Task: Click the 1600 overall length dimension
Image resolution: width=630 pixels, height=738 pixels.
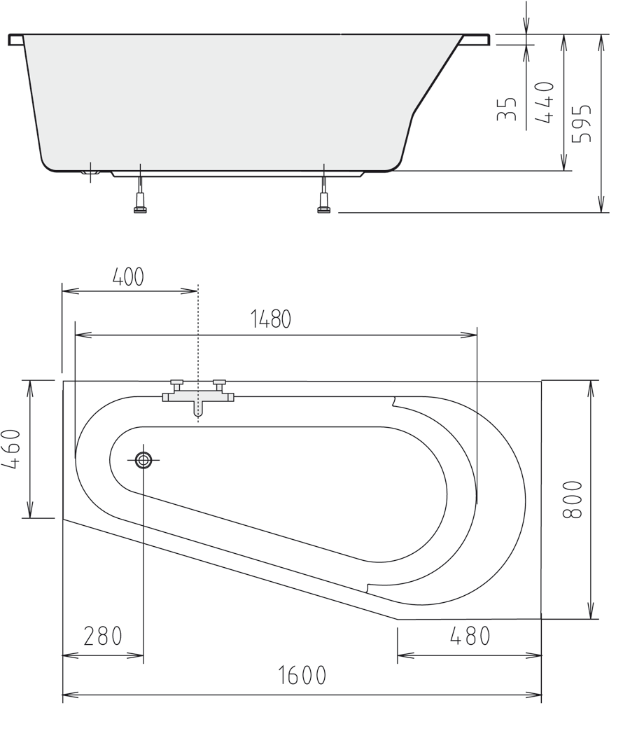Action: (302, 676)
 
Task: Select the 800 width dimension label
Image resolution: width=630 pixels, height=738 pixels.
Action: (572, 499)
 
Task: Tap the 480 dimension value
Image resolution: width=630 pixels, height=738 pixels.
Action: (469, 636)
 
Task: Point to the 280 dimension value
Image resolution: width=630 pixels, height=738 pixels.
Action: (103, 636)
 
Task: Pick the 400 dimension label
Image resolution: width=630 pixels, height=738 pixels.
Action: (128, 277)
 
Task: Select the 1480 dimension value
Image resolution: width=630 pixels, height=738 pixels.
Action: (270, 319)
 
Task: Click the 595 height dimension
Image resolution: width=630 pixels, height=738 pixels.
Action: (582, 123)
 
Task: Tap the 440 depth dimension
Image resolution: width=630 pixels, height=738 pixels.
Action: (545, 102)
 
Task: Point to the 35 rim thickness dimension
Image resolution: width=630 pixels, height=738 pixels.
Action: (507, 109)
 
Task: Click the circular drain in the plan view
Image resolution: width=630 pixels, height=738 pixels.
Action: (143, 460)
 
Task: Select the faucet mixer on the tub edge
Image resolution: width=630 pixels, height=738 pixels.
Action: (198, 398)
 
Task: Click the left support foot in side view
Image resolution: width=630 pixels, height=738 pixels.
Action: (140, 203)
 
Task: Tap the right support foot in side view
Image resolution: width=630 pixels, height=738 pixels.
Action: (323, 203)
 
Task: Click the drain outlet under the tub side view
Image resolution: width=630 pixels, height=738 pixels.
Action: (89, 172)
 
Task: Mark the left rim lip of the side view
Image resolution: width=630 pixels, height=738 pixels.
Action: (15, 39)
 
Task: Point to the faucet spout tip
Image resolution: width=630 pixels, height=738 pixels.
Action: (198, 415)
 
